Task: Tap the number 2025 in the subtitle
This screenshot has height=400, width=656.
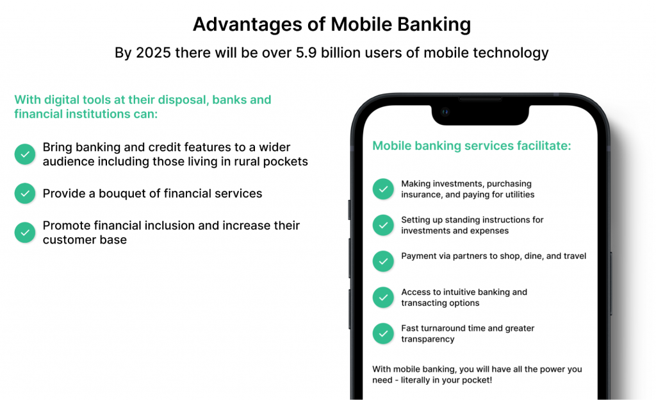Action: pos(154,53)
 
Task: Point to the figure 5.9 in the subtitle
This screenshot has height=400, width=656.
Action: pos(306,53)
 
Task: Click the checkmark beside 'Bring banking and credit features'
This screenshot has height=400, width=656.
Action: pos(25,154)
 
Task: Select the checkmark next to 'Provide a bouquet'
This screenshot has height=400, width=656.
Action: pos(25,194)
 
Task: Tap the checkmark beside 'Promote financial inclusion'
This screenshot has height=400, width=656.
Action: pos(25,232)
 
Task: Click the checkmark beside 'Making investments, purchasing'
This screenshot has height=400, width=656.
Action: pos(383,189)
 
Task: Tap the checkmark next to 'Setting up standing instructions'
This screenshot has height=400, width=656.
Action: pos(383,225)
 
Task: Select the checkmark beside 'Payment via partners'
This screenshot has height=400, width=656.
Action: pos(383,261)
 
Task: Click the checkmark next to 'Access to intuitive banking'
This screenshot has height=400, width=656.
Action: pos(383,297)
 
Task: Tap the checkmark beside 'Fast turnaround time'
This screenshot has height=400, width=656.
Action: pos(383,333)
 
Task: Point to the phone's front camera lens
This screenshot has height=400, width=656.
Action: pos(445,112)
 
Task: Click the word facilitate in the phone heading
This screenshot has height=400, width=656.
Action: pos(543,146)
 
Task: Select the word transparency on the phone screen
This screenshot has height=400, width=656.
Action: pos(427,339)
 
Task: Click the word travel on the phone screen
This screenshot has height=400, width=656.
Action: pos(574,256)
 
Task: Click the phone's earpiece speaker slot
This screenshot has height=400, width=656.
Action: pos(480,99)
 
